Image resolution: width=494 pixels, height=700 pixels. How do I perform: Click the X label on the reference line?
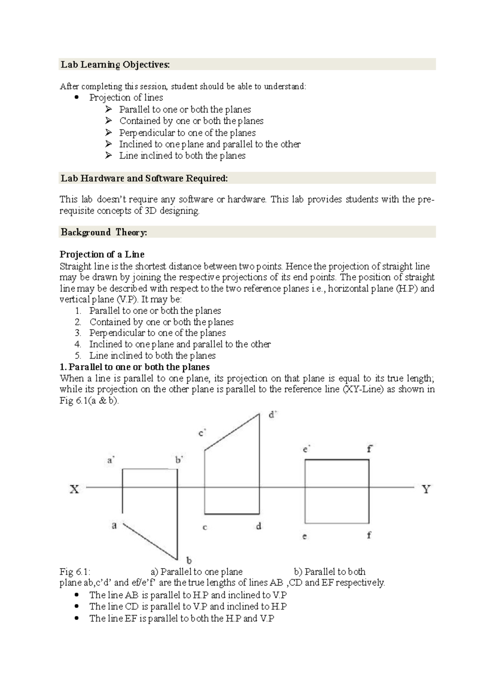(74, 489)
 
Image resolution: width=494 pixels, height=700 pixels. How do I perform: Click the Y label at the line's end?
(426, 489)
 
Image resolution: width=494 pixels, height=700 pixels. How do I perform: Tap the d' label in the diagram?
(273, 415)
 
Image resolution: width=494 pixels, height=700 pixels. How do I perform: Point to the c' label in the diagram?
(202, 433)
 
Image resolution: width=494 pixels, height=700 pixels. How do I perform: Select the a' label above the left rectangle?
(111, 460)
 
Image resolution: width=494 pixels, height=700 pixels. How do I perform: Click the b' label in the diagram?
(179, 460)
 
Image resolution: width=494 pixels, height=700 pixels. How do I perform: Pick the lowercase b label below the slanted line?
(189, 560)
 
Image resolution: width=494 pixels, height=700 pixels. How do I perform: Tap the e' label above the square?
(306, 449)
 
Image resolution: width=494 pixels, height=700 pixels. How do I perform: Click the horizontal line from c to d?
(232, 514)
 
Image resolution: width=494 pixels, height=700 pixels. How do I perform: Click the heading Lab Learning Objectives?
(115, 65)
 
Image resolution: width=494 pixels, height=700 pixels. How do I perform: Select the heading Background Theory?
(104, 232)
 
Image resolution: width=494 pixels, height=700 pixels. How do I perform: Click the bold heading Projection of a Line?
(102, 254)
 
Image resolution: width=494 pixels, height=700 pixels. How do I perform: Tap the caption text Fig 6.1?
(75, 572)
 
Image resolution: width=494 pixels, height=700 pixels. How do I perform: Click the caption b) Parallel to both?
(329, 572)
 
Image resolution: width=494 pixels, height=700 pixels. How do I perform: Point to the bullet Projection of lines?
(126, 98)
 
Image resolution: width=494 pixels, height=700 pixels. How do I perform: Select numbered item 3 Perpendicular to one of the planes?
(157, 333)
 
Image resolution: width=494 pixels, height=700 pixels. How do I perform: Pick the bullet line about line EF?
(182, 618)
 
